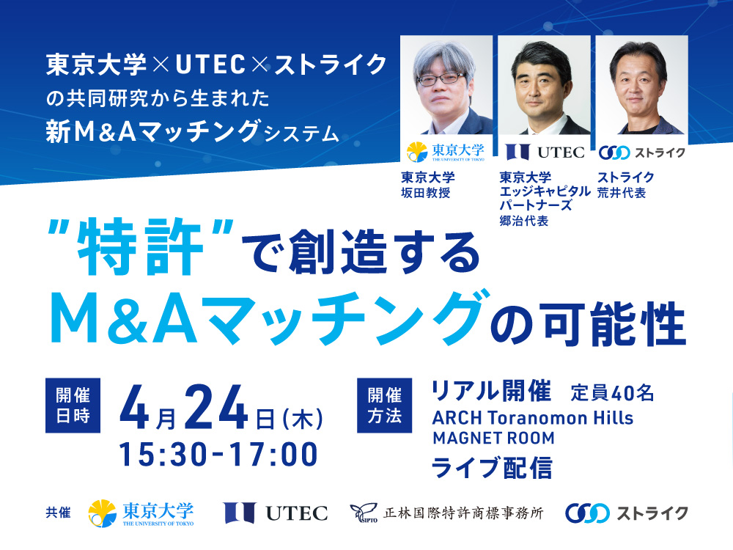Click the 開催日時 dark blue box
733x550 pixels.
pos(73,405)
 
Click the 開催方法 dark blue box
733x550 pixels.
pos(384,405)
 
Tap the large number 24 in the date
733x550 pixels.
pos(216,407)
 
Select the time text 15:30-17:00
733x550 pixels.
pos(218,455)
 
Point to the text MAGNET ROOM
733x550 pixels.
pos(493,439)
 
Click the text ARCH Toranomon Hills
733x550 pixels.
pos(533,418)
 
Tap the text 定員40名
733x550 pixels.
pos(612,393)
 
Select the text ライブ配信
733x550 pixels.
pos(492,468)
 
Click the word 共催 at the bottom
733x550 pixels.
pos(59,513)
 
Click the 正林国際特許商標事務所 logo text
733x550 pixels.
pos(447,513)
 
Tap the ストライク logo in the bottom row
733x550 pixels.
pos(627,513)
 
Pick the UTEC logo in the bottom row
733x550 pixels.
pos(276,513)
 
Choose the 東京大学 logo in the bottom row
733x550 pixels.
pos(141,513)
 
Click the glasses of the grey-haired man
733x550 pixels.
pos(441,78)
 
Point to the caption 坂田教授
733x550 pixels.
pos(425,193)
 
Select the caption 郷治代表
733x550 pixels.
pos(523,221)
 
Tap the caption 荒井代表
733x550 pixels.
pos(622,193)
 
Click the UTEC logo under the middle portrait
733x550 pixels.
pos(545,152)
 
